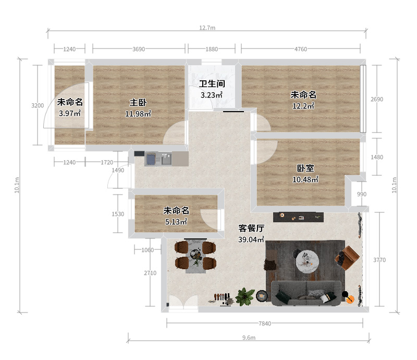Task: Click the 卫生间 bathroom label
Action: [x=212, y=83]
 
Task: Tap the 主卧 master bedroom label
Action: [x=138, y=102]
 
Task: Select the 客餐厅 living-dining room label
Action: [x=251, y=228]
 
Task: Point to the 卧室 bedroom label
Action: [x=305, y=169]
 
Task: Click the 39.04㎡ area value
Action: [x=251, y=239]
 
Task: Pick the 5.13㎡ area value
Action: [x=176, y=222]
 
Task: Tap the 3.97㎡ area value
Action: [x=70, y=113]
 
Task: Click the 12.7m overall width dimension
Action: [x=207, y=28]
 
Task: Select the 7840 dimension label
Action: [x=265, y=323]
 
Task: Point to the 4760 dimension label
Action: [x=301, y=49]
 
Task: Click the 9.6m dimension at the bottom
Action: [x=249, y=338]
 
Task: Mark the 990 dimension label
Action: [x=362, y=194]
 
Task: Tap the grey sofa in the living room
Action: [x=306, y=293]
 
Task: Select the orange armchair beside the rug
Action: [x=348, y=258]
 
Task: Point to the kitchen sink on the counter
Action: [x=166, y=159]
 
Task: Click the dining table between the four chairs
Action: [x=196, y=256]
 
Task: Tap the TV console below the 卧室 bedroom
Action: [x=298, y=217]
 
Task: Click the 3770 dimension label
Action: [x=379, y=260]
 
